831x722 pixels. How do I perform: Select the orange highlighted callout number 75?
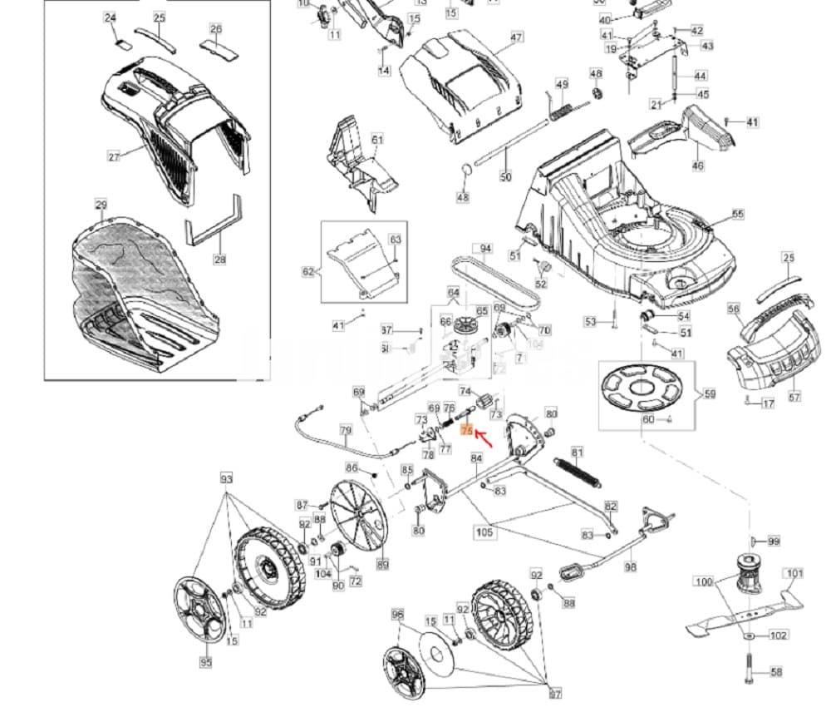click(x=465, y=430)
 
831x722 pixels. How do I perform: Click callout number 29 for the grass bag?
click(x=101, y=205)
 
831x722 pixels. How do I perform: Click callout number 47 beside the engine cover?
click(x=517, y=37)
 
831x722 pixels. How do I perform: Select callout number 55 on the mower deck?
click(x=738, y=215)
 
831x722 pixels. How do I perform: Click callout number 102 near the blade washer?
click(x=778, y=636)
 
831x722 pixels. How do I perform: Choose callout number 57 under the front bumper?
click(x=794, y=397)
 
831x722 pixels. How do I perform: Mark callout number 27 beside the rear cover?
click(x=114, y=156)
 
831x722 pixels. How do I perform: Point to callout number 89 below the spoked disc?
click(x=382, y=565)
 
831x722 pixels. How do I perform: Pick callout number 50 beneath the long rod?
click(x=506, y=176)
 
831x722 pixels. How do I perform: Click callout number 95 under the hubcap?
click(x=205, y=662)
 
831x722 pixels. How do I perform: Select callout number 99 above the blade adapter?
click(x=774, y=541)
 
